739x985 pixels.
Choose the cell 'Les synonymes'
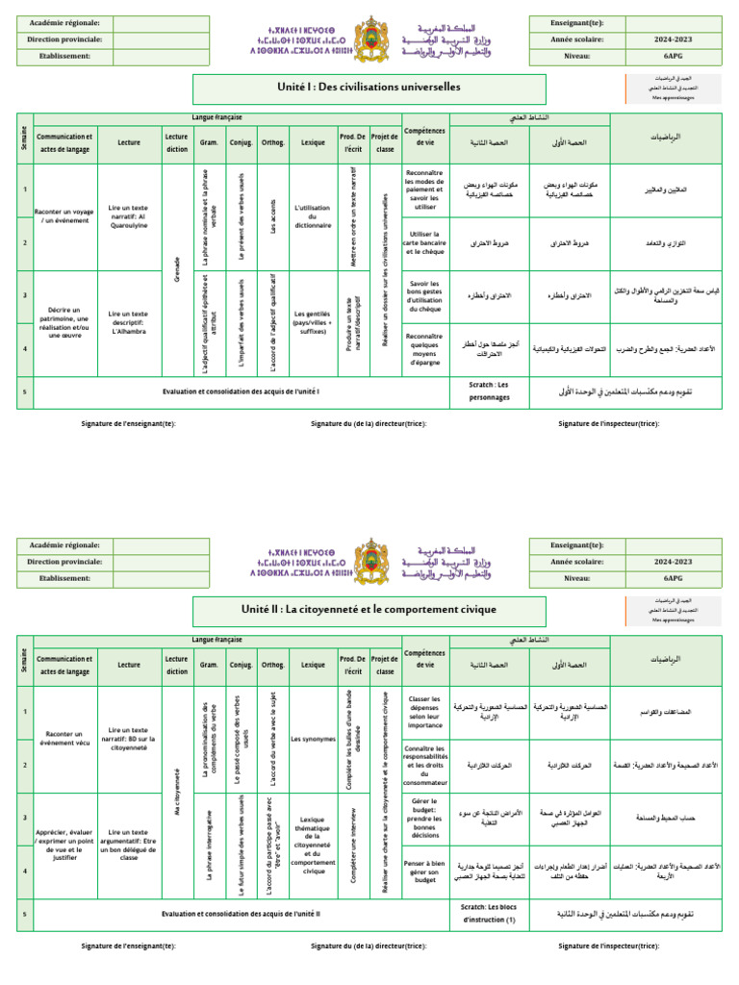(x=312, y=713)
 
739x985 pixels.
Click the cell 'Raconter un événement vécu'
(x=64, y=738)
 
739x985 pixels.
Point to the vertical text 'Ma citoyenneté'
(x=177, y=792)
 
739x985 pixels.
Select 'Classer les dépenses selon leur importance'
(x=424, y=712)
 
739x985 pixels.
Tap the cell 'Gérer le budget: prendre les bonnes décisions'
(x=424, y=819)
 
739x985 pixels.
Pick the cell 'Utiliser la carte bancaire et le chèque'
(x=424, y=244)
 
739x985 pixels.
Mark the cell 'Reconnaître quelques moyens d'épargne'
(x=424, y=350)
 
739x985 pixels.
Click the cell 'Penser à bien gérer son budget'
(x=424, y=872)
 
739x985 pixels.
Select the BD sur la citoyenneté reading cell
(x=128, y=738)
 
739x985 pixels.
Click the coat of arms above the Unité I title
(x=370, y=38)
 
